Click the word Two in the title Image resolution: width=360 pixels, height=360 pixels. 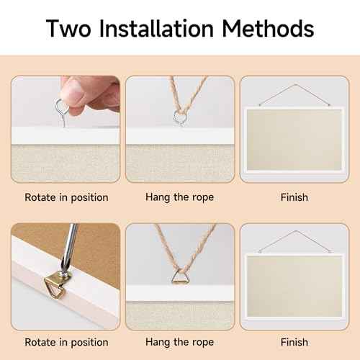point(71,29)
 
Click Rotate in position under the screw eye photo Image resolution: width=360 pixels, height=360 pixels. point(66,197)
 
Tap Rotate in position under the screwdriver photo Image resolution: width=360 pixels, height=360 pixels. point(66,342)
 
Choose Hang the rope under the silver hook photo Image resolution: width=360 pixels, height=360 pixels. point(179,197)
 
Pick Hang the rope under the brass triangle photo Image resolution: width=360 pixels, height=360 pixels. point(179,342)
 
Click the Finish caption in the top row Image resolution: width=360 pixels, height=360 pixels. point(294,197)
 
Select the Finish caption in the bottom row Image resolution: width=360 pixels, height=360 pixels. point(294,342)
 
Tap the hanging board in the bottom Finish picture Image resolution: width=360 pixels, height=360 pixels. point(294,287)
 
